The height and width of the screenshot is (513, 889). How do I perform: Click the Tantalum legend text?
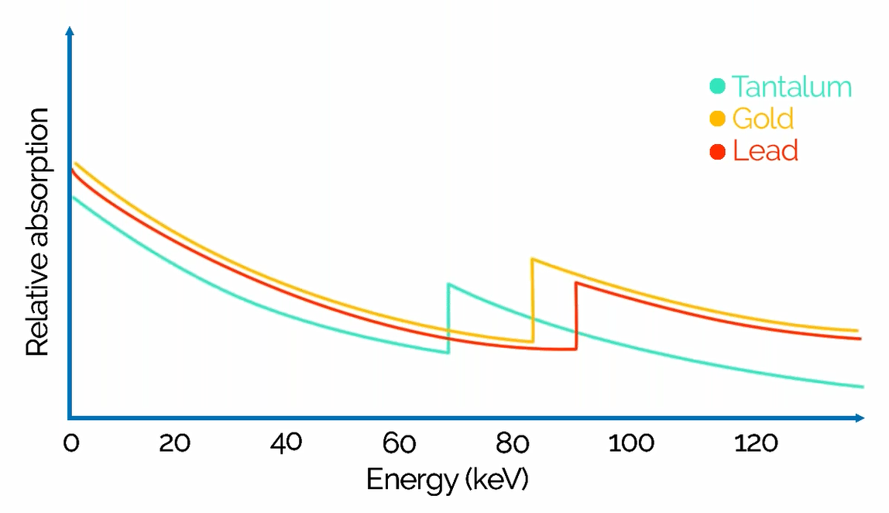791,86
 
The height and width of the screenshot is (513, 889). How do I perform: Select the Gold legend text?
763,119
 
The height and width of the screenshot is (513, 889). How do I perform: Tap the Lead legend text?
765,150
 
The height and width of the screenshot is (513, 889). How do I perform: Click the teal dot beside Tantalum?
718,86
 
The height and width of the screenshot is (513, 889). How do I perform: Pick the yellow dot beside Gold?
718,119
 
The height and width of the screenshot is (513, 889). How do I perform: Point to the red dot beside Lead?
718,151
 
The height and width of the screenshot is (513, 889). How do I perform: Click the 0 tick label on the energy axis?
70,444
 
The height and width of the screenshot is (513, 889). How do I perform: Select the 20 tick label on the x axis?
175,444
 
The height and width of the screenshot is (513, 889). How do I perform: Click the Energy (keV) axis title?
447,480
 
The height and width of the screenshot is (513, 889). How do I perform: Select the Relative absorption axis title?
38,232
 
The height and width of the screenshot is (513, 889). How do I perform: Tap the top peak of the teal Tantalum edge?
448,284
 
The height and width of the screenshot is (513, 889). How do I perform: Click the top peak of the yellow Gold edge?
532,259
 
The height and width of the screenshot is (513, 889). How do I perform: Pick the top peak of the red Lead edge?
576,282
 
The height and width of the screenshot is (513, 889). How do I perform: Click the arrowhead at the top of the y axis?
70,31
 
